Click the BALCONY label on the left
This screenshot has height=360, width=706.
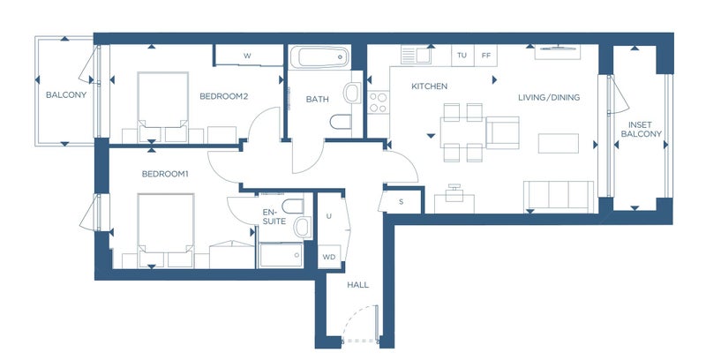pos(66,95)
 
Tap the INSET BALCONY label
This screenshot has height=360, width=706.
pos(642,129)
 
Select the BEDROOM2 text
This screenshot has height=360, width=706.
pos(224,96)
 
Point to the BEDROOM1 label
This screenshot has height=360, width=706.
pos(165,174)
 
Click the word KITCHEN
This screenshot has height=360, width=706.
pos(430,86)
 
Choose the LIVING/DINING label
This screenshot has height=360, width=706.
pos(549,97)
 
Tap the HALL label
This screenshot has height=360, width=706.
pos(358,285)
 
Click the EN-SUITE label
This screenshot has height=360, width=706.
pos(274,216)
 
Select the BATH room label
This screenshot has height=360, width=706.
pos(318,99)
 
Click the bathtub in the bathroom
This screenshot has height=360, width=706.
pos(319,57)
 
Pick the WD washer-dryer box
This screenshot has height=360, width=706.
pos(329,257)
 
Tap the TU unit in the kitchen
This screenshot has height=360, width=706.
pos(462,56)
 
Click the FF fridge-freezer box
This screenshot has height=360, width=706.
pos(486,56)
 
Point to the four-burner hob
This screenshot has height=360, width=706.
pos(379,102)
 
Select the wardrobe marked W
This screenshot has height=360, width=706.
pos(248,56)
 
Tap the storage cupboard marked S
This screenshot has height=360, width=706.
pos(402,201)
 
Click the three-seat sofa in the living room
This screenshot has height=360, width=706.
pos(559,196)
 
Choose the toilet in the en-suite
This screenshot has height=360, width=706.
pos(293,206)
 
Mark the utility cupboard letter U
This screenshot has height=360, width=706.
pos(329,216)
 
